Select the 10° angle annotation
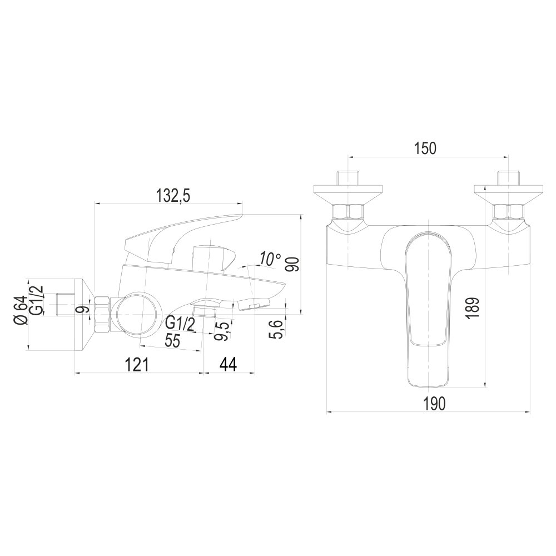[x=270, y=259]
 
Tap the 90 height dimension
[x=293, y=265]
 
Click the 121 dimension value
[x=137, y=364]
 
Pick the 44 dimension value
[x=228, y=364]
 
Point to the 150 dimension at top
[x=426, y=148]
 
